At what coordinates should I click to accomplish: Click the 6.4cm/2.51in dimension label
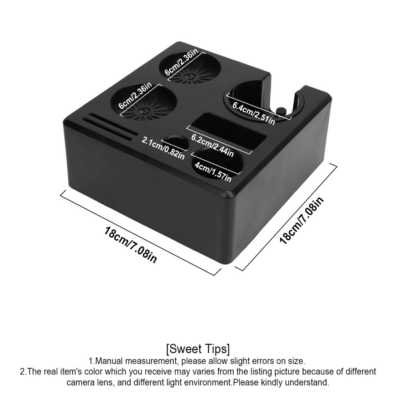point(253,113)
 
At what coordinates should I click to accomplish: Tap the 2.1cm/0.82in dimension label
point(163,148)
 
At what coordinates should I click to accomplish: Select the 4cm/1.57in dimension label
point(213,171)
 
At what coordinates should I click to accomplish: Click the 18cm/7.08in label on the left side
point(131,245)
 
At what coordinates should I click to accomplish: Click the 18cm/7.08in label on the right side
point(301,220)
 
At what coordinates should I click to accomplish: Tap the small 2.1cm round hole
point(176,143)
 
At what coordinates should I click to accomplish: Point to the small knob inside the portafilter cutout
point(281,111)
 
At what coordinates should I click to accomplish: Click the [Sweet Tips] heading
point(198,349)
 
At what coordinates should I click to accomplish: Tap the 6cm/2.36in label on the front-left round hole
point(136,95)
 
